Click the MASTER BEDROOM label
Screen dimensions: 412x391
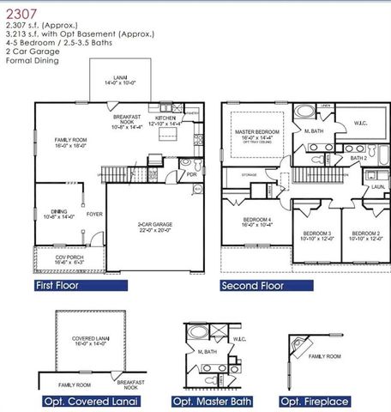click(x=258, y=134)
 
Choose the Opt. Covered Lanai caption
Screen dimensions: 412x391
click(x=91, y=401)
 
